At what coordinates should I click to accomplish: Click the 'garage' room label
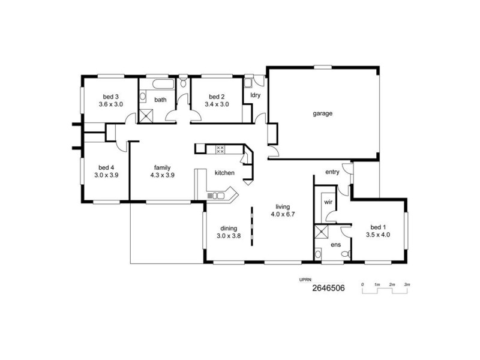(322, 113)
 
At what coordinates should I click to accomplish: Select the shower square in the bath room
(146, 115)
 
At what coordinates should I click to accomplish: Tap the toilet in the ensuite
(344, 254)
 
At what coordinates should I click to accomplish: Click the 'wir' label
(328, 202)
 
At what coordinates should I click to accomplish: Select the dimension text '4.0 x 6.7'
(283, 214)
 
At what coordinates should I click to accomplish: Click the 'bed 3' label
(110, 97)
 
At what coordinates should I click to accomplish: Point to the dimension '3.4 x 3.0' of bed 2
(217, 104)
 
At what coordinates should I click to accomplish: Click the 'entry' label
(332, 172)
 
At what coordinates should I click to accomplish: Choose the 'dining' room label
(228, 228)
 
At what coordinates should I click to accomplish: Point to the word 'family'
(161, 168)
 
